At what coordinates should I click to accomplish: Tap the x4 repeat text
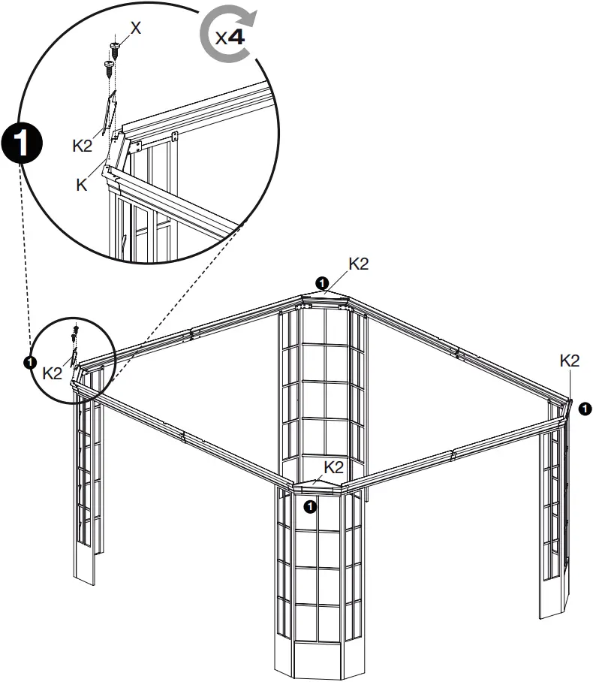click(x=230, y=38)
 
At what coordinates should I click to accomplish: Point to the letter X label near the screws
click(x=135, y=28)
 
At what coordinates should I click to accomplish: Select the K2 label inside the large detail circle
click(x=83, y=146)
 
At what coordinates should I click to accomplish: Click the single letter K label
click(x=82, y=184)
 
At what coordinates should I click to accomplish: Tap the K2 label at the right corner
click(x=570, y=361)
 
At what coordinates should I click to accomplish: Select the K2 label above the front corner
click(x=334, y=467)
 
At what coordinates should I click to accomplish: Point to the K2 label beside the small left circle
click(x=52, y=373)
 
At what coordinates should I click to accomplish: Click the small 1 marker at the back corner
click(x=322, y=282)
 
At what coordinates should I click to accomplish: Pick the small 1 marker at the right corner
click(x=585, y=408)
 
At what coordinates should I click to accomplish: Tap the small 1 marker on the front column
click(x=310, y=507)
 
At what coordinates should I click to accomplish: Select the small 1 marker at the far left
click(x=29, y=362)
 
